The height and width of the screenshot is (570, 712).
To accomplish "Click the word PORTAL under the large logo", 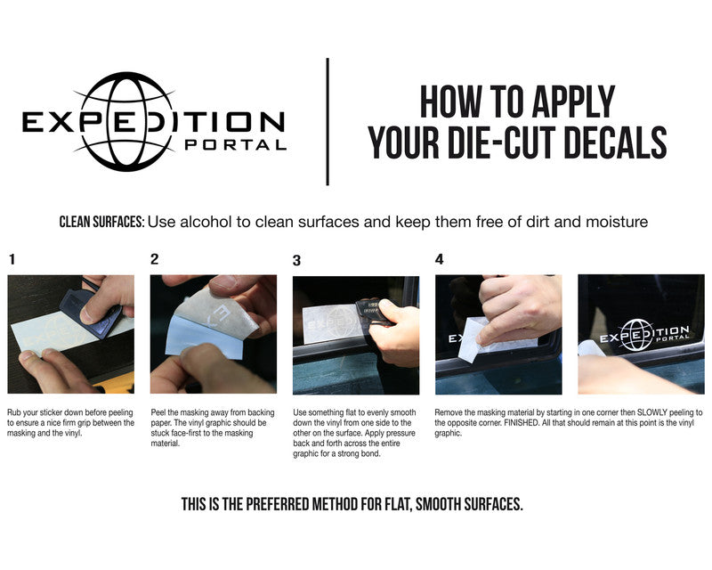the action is [x=236, y=145].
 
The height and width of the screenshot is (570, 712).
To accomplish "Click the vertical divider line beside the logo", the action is [x=328, y=121].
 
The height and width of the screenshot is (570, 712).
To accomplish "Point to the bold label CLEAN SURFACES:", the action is [x=102, y=222].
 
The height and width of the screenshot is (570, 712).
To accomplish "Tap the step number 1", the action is [x=12, y=259].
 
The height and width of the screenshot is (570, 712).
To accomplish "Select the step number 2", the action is [x=154, y=259].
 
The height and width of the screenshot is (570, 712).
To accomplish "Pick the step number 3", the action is [x=296, y=260].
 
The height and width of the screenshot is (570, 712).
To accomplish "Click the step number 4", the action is [x=439, y=259].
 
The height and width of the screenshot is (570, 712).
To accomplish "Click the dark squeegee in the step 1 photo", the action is [x=91, y=313].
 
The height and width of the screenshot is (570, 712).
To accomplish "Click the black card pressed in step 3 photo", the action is [x=373, y=313].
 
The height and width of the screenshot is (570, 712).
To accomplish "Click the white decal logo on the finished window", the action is [x=644, y=335].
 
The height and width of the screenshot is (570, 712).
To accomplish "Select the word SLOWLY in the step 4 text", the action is [x=652, y=412].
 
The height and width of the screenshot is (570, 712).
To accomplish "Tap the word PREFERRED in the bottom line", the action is [x=277, y=505].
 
